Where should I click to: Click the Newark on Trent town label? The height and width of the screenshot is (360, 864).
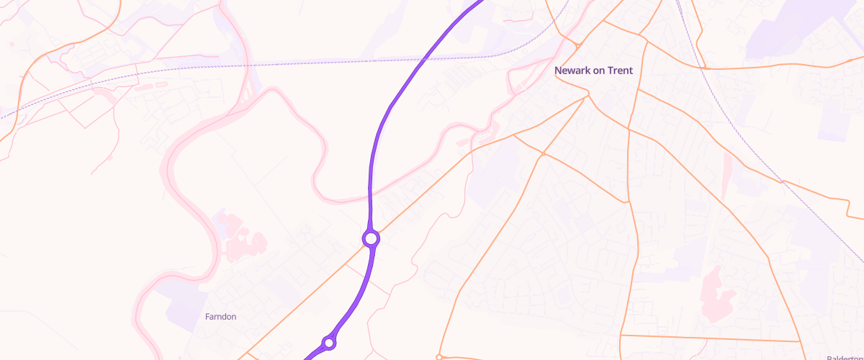click(x=593, y=71)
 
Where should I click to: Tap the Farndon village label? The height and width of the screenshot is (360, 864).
click(x=220, y=317)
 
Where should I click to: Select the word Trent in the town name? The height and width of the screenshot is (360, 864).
click(x=620, y=71)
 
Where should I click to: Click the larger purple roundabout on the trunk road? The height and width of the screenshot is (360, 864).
click(x=371, y=238)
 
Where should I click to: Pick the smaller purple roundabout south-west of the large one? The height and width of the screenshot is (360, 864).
click(x=329, y=342)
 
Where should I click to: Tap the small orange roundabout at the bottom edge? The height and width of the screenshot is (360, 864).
click(x=439, y=356)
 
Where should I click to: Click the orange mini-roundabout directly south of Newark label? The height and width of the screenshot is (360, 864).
click(x=543, y=153)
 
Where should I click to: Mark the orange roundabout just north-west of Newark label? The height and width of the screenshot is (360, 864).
click(x=577, y=46)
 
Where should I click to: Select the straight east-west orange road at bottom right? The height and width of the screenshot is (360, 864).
click(x=709, y=338)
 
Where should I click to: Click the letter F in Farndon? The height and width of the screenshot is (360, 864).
click(x=207, y=317)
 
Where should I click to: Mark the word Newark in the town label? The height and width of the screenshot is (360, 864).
click(x=571, y=71)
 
